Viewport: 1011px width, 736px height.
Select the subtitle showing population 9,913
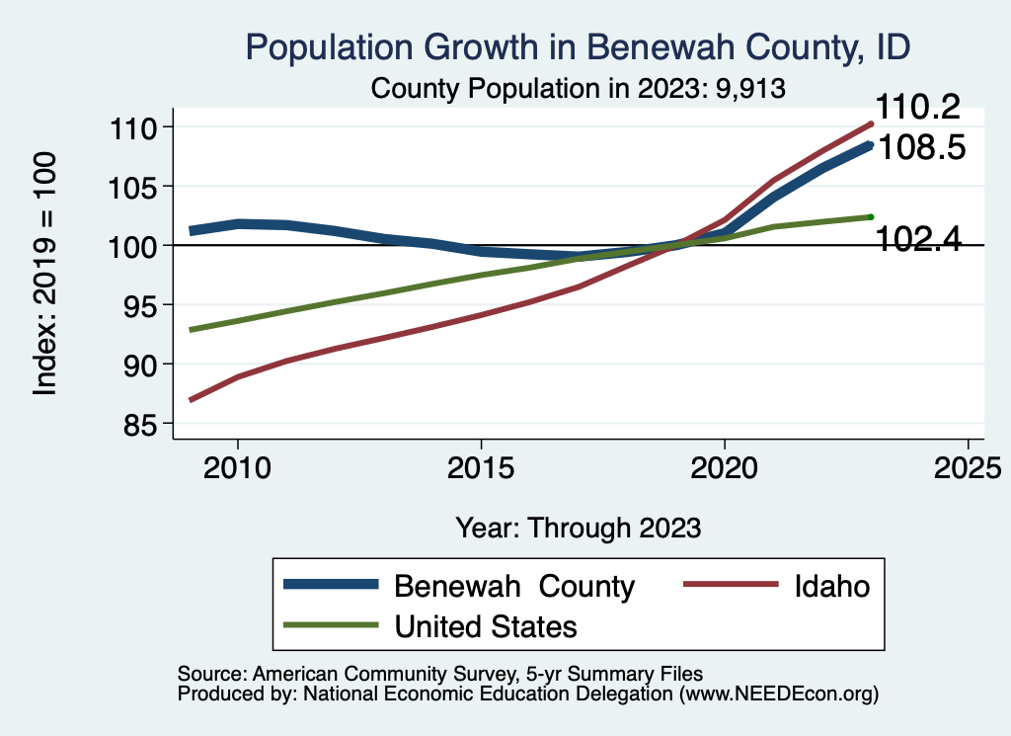coord(578,88)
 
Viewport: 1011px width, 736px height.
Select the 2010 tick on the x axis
coord(237,465)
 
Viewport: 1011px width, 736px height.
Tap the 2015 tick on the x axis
coord(481,465)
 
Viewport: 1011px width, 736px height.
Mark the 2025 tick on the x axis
coord(968,465)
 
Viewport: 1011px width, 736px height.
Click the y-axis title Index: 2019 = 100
coord(45,275)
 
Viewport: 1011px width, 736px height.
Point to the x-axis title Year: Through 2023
coord(578,528)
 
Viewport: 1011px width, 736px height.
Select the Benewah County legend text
coord(514,586)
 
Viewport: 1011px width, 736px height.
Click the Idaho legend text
coord(832,586)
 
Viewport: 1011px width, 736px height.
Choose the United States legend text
coord(486,625)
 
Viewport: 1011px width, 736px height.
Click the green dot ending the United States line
coord(871,216)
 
